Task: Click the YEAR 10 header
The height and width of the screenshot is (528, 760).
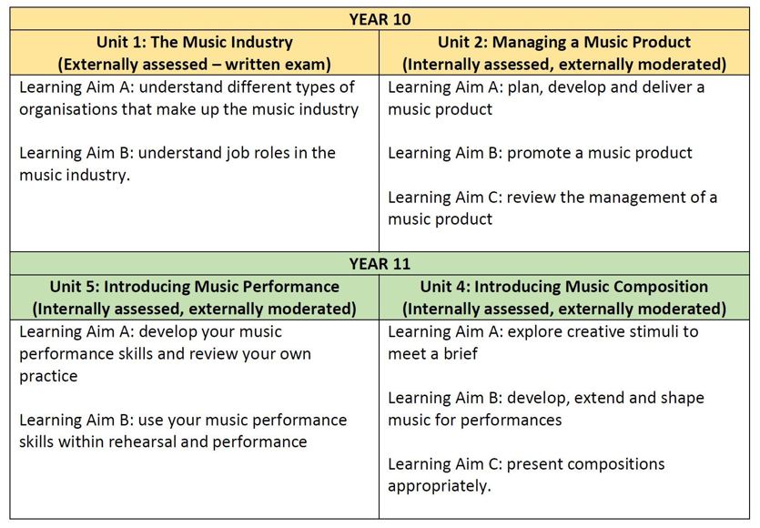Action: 380,19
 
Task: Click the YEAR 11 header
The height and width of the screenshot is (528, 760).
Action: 380,264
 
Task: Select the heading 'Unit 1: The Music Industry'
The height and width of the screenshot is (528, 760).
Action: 195,42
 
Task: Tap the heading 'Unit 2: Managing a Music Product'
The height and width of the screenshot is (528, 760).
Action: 564,42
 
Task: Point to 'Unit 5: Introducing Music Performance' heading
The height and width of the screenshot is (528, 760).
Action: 195,287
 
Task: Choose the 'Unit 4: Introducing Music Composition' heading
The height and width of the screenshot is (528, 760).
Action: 564,287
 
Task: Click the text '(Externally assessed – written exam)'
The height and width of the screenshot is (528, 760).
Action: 195,65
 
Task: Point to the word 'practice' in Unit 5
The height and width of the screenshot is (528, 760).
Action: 48,376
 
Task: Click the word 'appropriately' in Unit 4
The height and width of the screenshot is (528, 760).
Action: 438,486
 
